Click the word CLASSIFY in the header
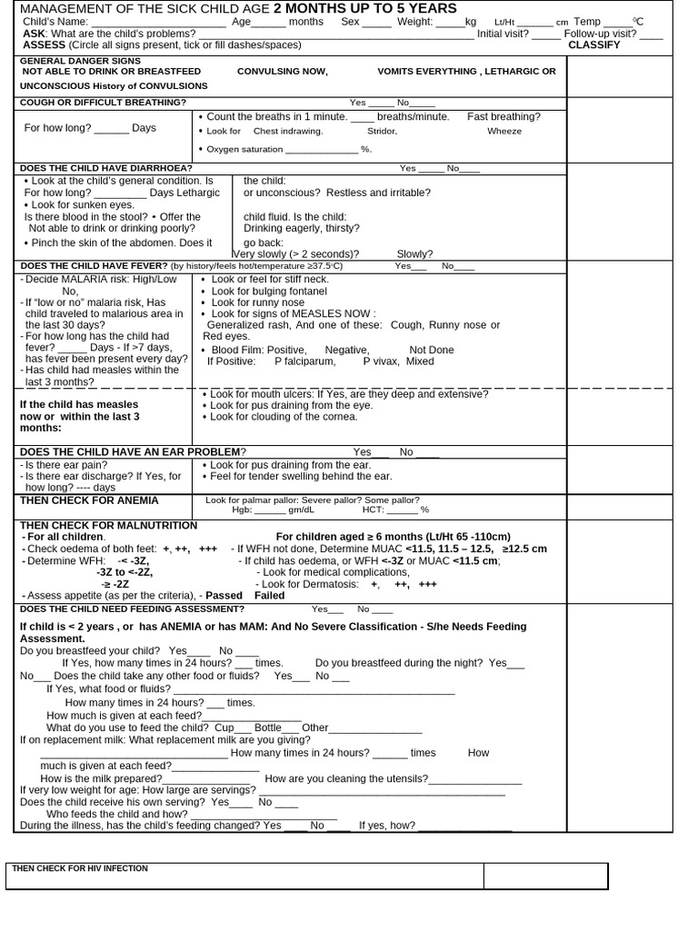point(593,45)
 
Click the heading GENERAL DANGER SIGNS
point(81,60)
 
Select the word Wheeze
point(504,131)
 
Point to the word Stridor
point(382,131)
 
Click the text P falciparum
point(304,361)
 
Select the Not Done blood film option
point(432,350)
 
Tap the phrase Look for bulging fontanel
point(269,291)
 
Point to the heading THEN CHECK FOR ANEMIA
point(89,500)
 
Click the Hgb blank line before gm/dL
point(270,510)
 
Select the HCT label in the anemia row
point(373,510)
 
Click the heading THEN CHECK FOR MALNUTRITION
point(108,526)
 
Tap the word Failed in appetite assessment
point(270,596)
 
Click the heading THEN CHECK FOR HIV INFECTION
point(79,868)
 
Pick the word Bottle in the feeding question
point(268,728)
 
